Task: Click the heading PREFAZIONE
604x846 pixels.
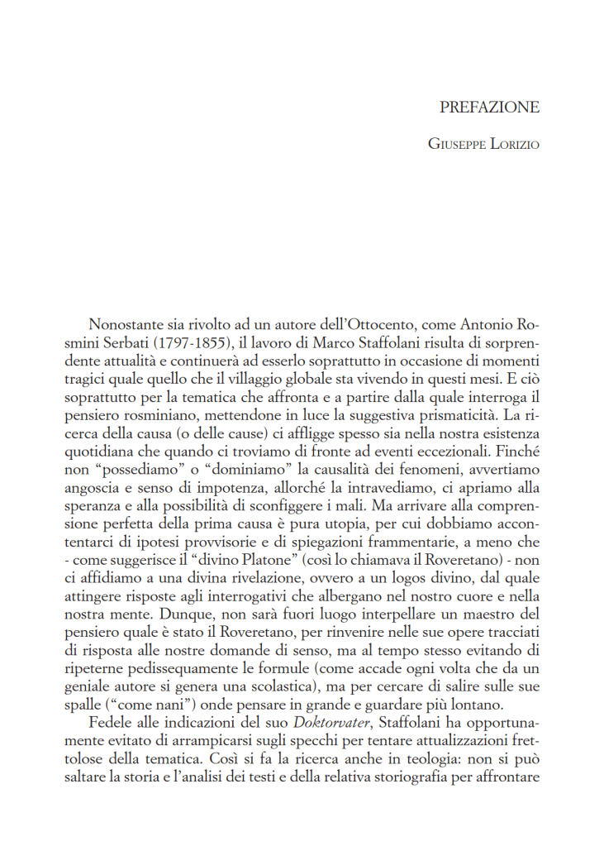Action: click(x=489, y=107)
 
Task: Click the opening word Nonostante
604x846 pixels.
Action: click(x=127, y=322)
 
